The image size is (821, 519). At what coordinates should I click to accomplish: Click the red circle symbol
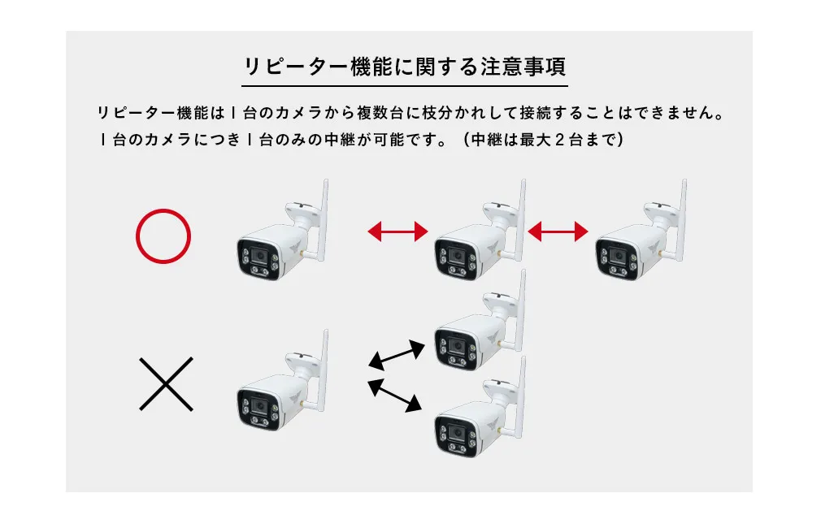click(163, 237)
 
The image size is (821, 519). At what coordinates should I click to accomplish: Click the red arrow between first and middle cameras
click(397, 232)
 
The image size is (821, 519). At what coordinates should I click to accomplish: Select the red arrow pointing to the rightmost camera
click(558, 232)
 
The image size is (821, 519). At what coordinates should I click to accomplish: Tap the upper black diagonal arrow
click(397, 354)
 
